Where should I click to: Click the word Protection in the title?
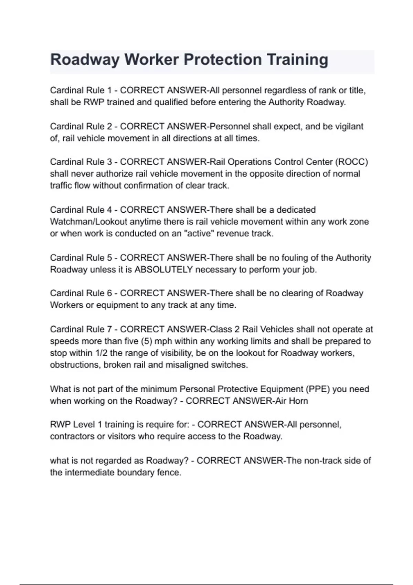tap(222, 60)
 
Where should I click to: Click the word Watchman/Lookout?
tap(88, 222)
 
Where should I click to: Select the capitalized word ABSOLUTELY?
tap(163, 269)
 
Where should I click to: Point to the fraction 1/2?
tap(101, 353)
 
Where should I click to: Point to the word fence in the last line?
tap(169, 472)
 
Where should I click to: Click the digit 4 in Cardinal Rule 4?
tap(109, 210)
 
